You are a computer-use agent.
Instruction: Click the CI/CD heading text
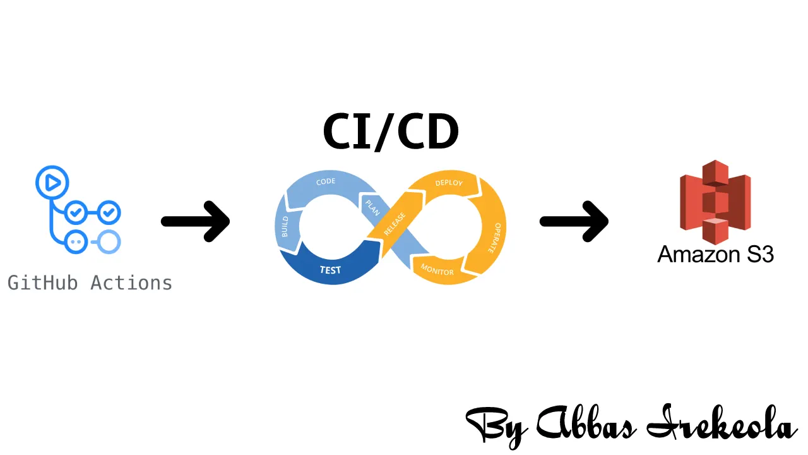391,132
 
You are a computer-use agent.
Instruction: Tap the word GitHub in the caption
42,282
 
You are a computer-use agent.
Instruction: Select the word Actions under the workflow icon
131,282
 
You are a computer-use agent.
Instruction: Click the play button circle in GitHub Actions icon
52,182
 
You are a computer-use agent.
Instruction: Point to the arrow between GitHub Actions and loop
196,221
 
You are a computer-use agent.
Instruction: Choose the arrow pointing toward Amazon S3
574,221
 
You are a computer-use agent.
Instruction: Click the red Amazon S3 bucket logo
716,202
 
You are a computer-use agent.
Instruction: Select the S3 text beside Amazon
759,254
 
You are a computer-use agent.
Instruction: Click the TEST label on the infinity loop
330,270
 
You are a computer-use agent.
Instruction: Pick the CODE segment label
326,182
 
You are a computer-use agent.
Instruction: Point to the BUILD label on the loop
285,227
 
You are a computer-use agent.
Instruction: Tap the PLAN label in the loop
372,207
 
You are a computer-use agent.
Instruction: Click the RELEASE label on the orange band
395,224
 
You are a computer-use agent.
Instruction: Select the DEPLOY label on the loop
449,183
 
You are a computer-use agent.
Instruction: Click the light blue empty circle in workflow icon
109,241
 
